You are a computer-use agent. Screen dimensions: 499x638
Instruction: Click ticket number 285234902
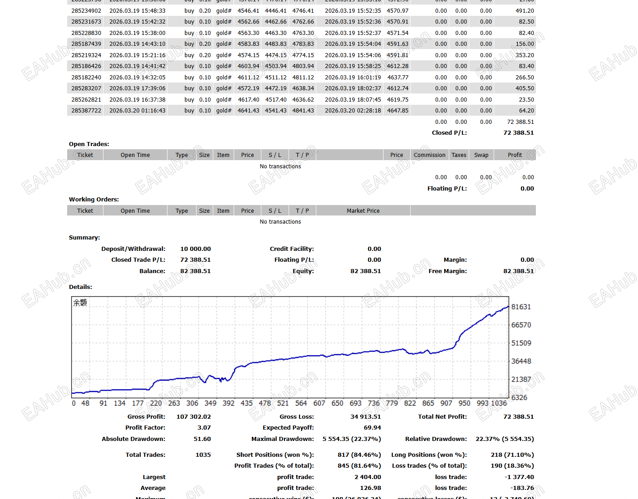click(x=86, y=10)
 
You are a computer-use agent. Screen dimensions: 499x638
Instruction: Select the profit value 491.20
click(x=525, y=10)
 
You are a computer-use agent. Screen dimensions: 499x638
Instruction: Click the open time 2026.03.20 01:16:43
click(x=137, y=110)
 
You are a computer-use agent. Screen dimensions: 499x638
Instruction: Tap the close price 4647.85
click(x=398, y=110)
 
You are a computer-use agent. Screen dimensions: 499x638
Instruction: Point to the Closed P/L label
click(x=449, y=132)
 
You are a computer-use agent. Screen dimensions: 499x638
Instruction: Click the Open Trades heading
click(x=89, y=144)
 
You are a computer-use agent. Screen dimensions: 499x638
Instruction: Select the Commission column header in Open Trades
click(x=429, y=155)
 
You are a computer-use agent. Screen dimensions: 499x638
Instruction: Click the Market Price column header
click(x=363, y=210)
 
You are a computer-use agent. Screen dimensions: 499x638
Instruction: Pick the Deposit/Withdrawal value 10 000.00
click(x=196, y=249)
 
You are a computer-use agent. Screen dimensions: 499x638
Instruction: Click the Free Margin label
click(x=447, y=271)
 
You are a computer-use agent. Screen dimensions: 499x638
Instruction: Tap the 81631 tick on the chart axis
click(x=521, y=307)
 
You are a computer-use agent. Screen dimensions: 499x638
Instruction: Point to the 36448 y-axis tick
click(x=521, y=361)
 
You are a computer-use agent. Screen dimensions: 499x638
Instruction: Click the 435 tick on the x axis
click(x=246, y=403)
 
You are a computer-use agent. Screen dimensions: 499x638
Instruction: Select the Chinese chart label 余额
click(x=80, y=303)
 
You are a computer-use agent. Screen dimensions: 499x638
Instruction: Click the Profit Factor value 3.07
click(x=204, y=427)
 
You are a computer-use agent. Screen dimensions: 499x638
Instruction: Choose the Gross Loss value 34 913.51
click(x=365, y=416)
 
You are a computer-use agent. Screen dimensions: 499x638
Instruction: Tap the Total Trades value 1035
click(x=203, y=455)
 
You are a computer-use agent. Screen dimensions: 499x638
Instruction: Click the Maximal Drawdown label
click(x=282, y=439)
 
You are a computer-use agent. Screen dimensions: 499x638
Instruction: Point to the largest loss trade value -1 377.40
click(x=519, y=477)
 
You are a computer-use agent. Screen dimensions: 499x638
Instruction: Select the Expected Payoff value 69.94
click(x=372, y=427)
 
